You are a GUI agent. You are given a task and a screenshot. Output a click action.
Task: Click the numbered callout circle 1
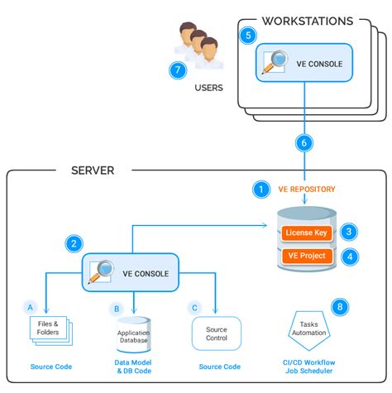(x=261, y=189)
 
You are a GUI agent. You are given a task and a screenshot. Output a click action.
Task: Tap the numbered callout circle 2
(x=74, y=244)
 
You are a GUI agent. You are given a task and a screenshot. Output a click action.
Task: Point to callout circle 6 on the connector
(x=304, y=142)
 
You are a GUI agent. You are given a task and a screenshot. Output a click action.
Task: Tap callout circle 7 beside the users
(x=177, y=70)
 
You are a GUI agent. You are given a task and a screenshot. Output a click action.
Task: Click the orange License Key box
(x=306, y=233)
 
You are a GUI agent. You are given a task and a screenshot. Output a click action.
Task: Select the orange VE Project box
(x=306, y=256)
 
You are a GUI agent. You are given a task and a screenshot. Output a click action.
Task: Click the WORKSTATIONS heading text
(x=307, y=20)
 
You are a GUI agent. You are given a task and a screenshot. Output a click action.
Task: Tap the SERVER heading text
(x=92, y=170)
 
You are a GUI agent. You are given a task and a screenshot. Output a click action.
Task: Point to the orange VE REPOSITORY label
(x=308, y=189)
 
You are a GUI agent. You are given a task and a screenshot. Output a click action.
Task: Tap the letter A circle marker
(x=31, y=306)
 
